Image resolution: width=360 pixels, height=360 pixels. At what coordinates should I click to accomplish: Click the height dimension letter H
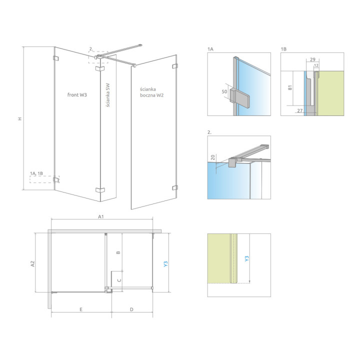(19, 119)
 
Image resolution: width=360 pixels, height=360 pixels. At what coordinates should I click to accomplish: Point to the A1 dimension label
(100, 217)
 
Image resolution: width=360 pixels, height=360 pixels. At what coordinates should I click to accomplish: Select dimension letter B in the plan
(118, 252)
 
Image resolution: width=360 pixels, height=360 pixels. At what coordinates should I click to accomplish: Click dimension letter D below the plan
(131, 310)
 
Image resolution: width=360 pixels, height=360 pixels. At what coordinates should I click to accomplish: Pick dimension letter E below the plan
(80, 310)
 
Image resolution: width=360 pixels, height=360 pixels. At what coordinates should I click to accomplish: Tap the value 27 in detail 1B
(299, 110)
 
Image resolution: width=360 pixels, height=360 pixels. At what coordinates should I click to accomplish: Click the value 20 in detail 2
(213, 157)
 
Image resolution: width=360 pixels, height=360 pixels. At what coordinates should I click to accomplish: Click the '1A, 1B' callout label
(37, 173)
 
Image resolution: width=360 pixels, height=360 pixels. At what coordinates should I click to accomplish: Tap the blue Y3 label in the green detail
(246, 259)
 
